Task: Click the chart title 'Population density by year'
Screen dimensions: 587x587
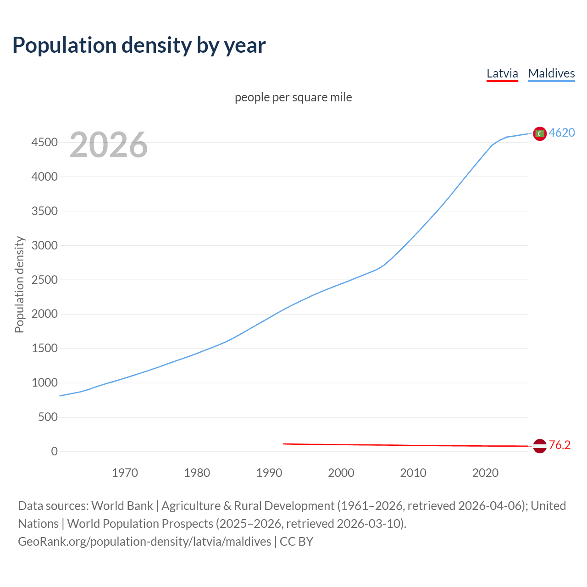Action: tap(139, 45)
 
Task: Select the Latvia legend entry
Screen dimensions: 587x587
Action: tap(502, 73)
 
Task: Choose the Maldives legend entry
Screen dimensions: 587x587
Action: tap(551, 73)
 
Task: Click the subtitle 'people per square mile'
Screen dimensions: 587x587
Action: tap(293, 97)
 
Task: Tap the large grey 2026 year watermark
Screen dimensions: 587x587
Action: tap(109, 145)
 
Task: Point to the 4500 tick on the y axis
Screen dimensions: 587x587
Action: tap(44, 143)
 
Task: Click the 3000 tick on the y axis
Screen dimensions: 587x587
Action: tap(44, 245)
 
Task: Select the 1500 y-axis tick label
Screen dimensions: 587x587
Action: tap(44, 349)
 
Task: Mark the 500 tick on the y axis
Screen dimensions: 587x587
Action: tap(48, 417)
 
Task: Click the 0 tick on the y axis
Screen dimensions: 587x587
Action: tap(55, 452)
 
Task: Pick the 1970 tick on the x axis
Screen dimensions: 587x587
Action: tap(125, 473)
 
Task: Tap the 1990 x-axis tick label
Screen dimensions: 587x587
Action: tap(269, 473)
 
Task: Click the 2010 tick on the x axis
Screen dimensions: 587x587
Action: tap(413, 473)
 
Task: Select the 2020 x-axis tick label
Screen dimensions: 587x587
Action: tap(485, 473)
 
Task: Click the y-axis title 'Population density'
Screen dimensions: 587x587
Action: tap(19, 284)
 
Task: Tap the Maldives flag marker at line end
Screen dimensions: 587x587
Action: tap(540, 133)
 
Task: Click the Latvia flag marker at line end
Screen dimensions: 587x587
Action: tap(540, 446)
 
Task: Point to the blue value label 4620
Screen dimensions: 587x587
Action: tap(562, 133)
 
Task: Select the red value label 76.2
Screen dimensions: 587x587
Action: tap(559, 445)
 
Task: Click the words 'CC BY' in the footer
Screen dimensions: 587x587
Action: tap(296, 542)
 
